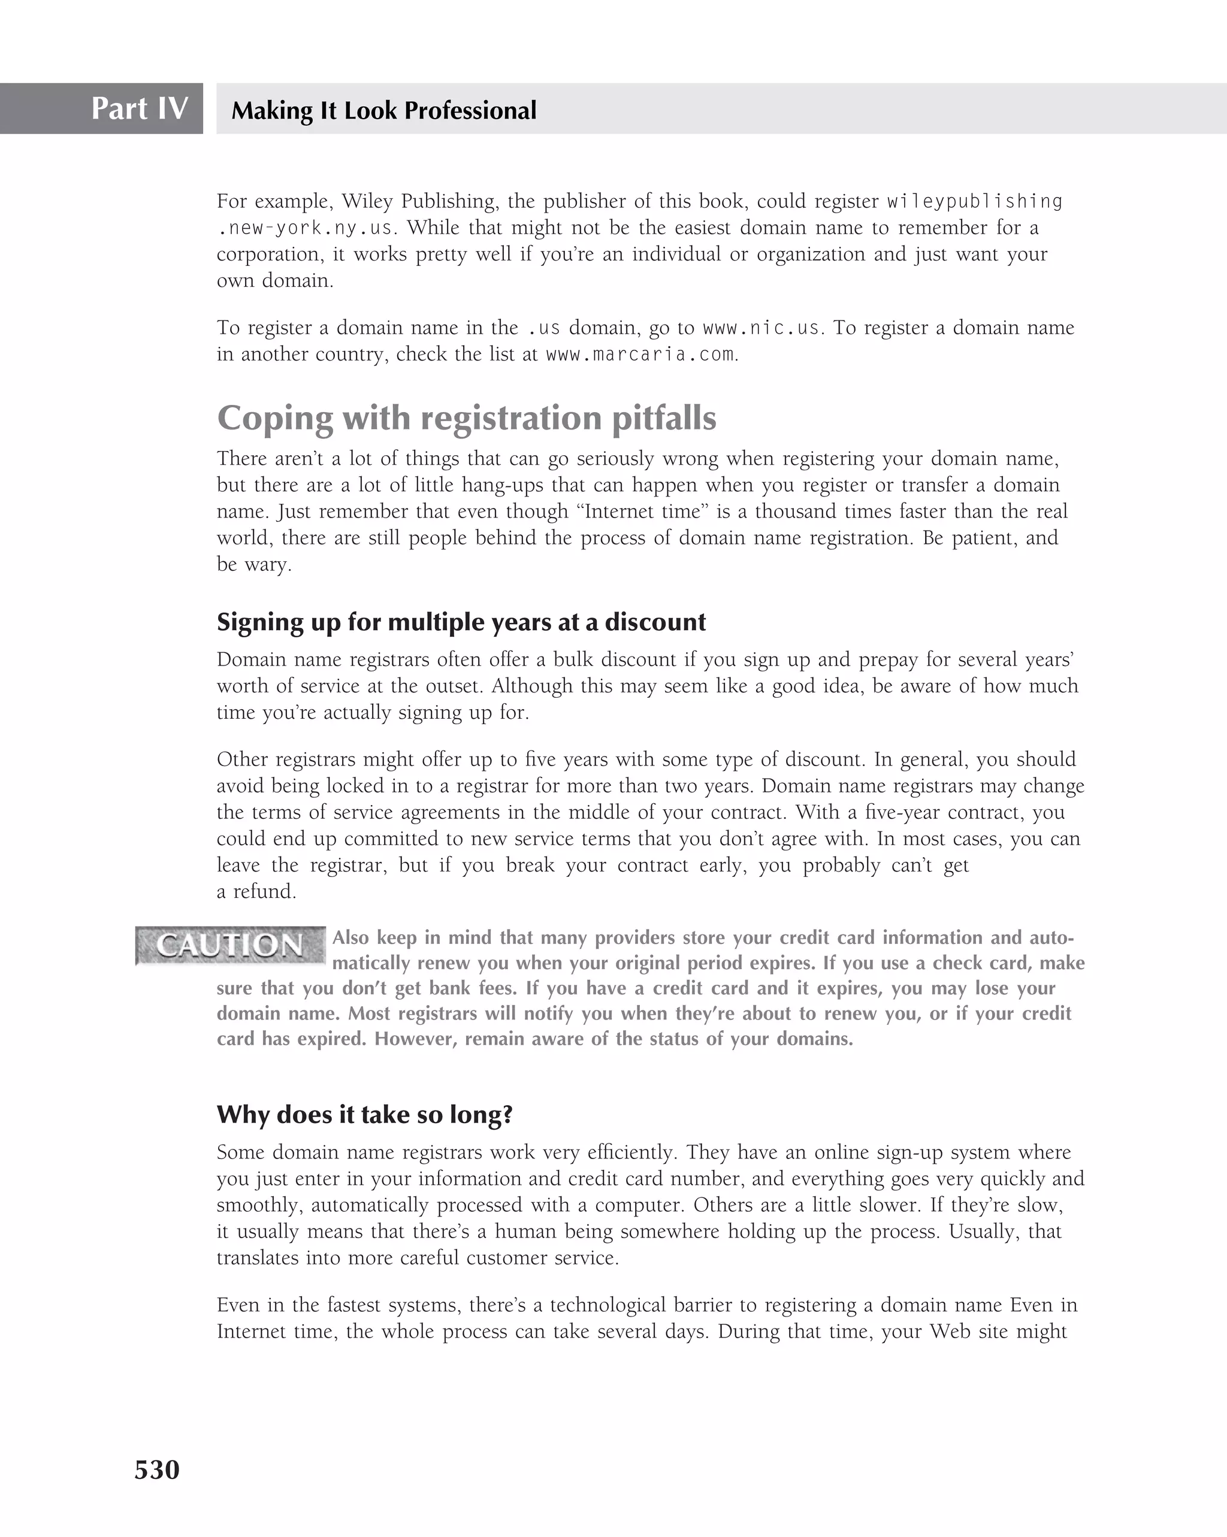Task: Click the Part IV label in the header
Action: (x=139, y=108)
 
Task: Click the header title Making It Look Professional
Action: (x=383, y=110)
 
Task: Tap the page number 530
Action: (x=157, y=1469)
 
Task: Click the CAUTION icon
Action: (x=229, y=945)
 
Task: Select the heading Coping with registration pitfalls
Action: (x=466, y=417)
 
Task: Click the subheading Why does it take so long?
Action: (x=364, y=1114)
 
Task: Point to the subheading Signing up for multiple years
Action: (x=461, y=622)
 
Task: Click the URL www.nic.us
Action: (x=761, y=328)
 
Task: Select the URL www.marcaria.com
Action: (x=639, y=355)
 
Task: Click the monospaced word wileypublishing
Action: (x=974, y=202)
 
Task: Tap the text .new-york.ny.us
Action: (x=304, y=228)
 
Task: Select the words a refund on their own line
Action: (x=256, y=891)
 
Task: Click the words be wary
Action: (x=254, y=565)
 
